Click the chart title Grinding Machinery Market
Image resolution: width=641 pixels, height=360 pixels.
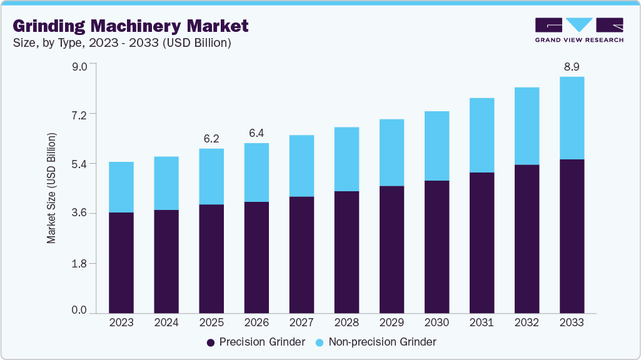(x=131, y=26)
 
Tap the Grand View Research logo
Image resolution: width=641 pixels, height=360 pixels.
(x=579, y=30)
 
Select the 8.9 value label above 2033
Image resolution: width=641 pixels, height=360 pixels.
(x=572, y=67)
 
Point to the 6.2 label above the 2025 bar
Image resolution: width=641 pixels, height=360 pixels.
(x=211, y=139)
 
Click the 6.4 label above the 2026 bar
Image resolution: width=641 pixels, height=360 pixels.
(x=256, y=133)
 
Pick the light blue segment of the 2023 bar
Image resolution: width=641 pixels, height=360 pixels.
(x=121, y=187)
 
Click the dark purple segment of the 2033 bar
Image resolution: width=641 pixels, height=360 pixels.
(x=572, y=236)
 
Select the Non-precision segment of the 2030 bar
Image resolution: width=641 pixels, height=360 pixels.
(x=437, y=146)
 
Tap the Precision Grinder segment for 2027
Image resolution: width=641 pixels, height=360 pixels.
(x=301, y=255)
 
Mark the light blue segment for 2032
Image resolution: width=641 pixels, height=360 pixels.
(x=527, y=126)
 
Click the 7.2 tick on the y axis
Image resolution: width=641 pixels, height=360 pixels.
(x=79, y=116)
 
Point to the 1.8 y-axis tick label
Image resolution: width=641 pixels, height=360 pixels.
(x=79, y=264)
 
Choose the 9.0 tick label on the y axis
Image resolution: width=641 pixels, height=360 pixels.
(x=79, y=66)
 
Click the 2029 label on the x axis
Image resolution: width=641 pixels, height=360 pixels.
(x=391, y=322)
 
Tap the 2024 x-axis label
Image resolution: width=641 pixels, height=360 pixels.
(x=166, y=322)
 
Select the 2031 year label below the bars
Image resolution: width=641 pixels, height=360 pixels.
(x=482, y=322)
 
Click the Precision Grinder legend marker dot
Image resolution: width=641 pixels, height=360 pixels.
(x=211, y=342)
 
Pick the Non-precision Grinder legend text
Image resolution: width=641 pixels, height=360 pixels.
(x=383, y=342)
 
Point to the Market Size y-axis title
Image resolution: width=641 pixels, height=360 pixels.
(x=51, y=188)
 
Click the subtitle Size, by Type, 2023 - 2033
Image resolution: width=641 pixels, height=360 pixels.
(x=122, y=43)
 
